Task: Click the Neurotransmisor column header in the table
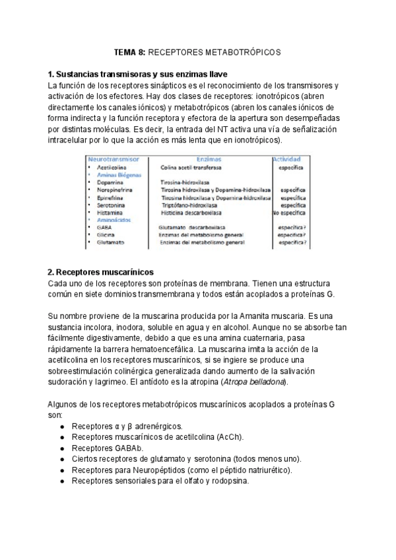[114, 160]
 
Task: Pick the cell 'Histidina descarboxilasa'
[193, 213]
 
